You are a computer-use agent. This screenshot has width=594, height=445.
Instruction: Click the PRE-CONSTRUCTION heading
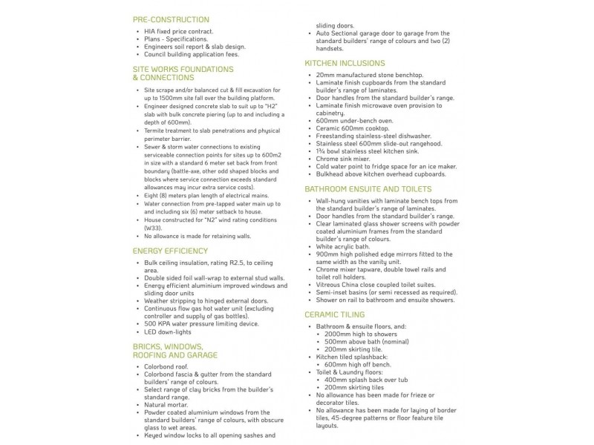[171, 19]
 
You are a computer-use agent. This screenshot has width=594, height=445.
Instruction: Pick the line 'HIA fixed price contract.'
[179, 32]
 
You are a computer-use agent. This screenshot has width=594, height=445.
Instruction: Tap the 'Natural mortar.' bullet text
[166, 405]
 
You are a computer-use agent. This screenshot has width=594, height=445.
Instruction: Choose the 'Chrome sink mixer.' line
[343, 158]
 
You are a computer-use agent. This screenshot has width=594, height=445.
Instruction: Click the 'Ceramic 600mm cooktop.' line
[350, 128]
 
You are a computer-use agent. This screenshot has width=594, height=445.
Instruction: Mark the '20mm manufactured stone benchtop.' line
[369, 75]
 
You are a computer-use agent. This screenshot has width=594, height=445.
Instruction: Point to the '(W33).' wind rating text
[154, 228]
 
